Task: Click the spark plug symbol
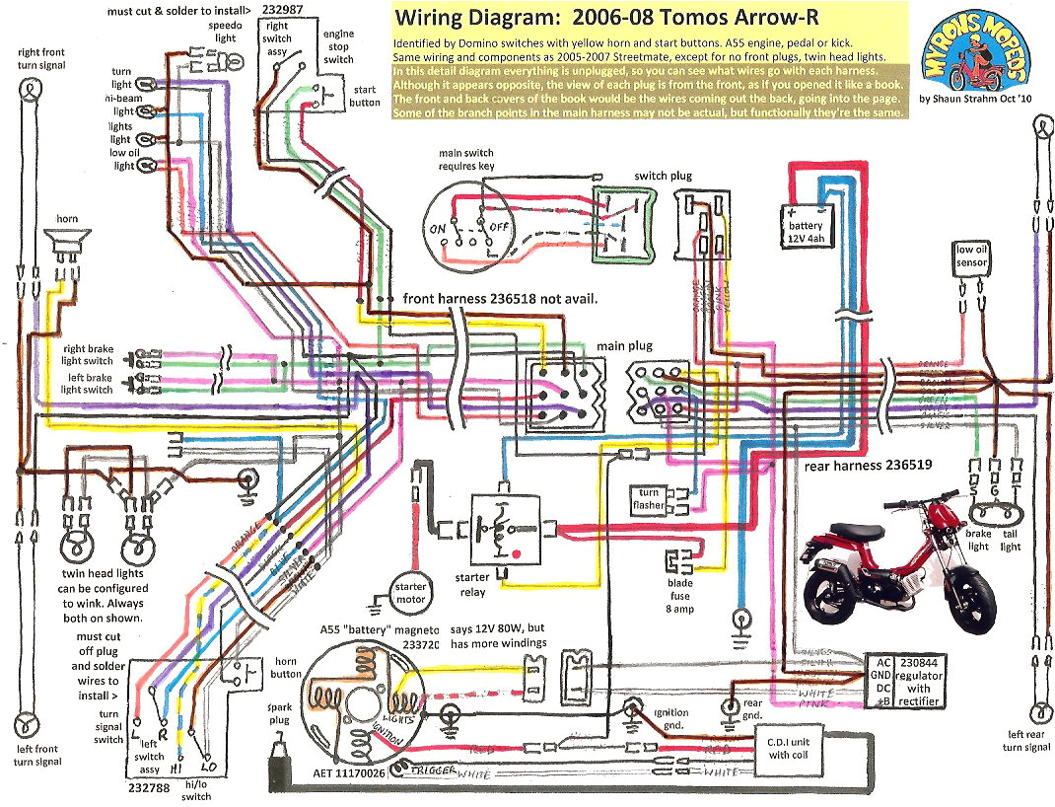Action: point(274,765)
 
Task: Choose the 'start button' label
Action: point(365,96)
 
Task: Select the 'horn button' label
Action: point(287,667)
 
